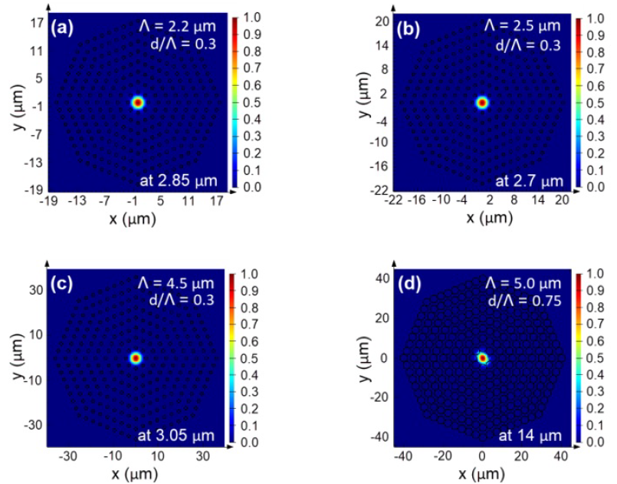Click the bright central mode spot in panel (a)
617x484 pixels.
coord(137,102)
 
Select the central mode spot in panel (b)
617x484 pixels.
coord(481,102)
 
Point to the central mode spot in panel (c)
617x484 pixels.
coord(136,357)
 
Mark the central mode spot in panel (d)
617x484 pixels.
coord(481,357)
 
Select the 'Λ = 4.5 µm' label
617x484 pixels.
coord(189,282)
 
